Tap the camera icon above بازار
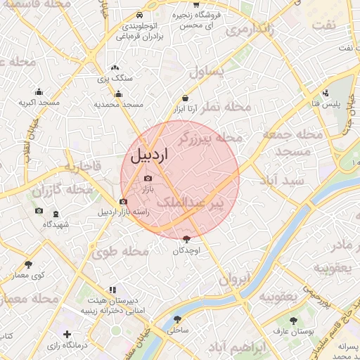(148, 179)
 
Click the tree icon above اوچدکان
(186, 240)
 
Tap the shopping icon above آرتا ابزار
(185, 98)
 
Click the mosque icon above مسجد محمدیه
(118, 94)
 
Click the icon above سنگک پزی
(115, 69)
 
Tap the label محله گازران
(62, 191)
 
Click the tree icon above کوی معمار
(29, 264)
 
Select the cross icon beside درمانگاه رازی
(67, 335)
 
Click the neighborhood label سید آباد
(281, 181)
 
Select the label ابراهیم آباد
(240, 348)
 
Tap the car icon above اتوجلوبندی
(139, 15)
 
